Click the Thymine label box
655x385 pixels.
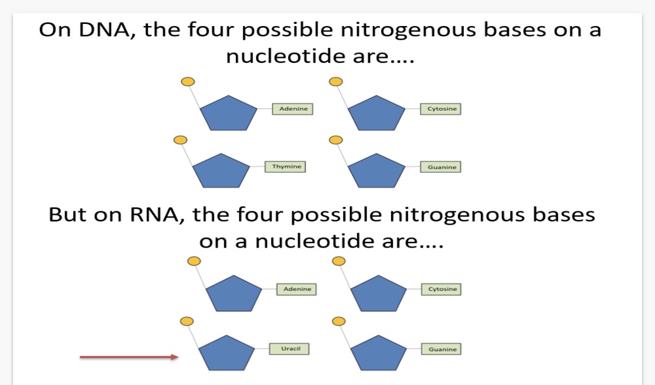click(285, 167)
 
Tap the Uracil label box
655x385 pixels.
click(289, 348)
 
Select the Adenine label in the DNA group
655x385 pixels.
click(293, 109)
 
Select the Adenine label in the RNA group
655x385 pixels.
click(297, 289)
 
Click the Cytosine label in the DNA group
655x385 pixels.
click(442, 109)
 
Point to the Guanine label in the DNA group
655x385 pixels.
click(441, 167)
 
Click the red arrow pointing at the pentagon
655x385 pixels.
click(129, 357)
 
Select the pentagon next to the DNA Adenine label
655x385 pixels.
click(227, 113)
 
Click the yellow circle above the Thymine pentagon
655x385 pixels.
click(180, 140)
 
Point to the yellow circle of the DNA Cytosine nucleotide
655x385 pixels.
click(336, 82)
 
